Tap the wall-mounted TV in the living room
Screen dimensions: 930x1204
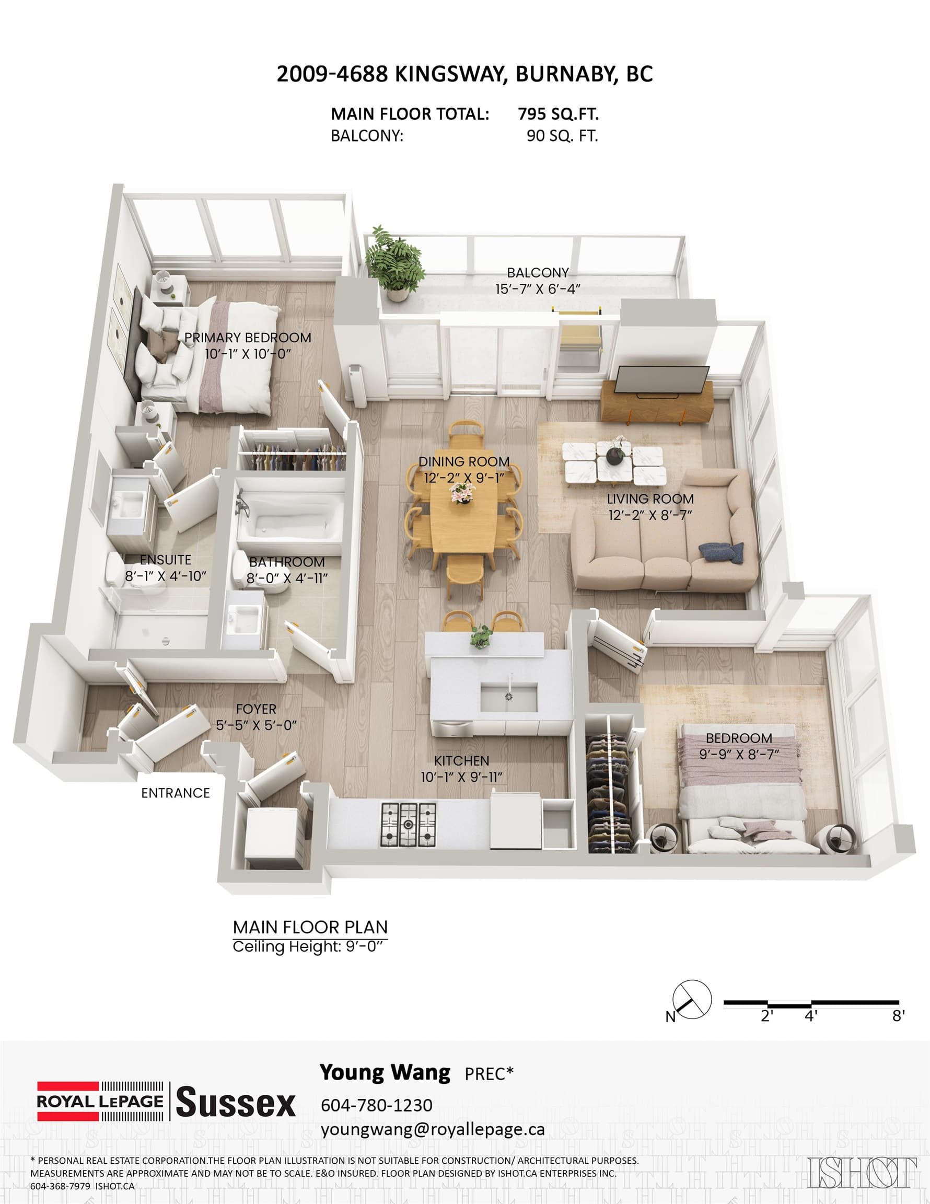[662, 381]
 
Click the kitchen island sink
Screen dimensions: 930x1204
[509, 698]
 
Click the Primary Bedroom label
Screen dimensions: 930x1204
[248, 338]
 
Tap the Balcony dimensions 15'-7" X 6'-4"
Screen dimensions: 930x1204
[538, 289]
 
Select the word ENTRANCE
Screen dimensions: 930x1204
[176, 793]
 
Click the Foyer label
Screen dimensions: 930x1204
[256, 709]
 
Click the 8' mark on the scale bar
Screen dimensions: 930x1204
[899, 1016]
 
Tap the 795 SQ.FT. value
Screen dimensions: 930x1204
[559, 114]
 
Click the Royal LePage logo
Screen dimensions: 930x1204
[100, 1101]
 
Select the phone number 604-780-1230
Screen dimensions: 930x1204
[377, 1105]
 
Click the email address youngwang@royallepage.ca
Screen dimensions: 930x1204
[433, 1130]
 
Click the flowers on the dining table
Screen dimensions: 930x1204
[460, 494]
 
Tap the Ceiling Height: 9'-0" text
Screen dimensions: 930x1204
[307, 947]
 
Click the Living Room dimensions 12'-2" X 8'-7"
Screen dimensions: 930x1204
[650, 515]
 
